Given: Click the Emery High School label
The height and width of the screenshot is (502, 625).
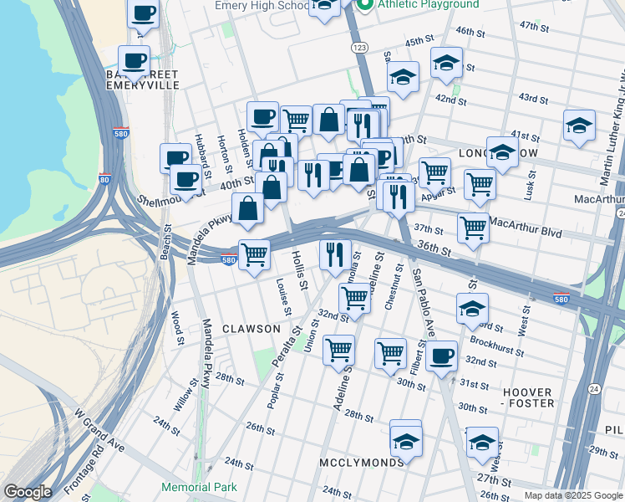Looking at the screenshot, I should tap(262, 6).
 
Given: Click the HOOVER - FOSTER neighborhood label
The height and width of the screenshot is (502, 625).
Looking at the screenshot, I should tap(528, 397).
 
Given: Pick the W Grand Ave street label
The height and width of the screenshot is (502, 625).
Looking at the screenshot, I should tap(99, 430).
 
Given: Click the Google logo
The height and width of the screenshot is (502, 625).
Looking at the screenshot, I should tap(28, 492).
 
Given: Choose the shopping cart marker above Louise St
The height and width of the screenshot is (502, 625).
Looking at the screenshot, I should tap(254, 254).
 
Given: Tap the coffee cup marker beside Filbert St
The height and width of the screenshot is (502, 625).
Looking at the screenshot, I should tap(441, 355).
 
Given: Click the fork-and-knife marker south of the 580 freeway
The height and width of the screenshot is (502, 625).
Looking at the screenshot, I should tap(335, 254).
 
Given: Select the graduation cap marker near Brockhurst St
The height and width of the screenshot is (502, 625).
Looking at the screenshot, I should tap(472, 308).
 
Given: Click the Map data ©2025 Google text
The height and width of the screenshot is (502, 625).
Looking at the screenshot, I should tap(572, 495).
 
